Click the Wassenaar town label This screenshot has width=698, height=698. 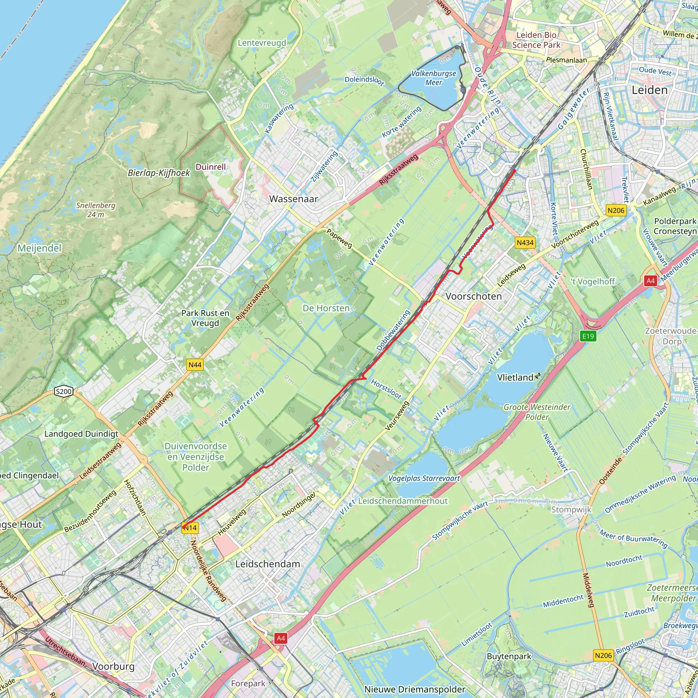pos(293,199)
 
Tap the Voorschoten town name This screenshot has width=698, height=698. pos(473,296)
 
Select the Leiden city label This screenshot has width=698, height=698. pos(649,90)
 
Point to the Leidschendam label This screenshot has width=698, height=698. pos(267,564)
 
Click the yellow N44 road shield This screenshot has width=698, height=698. pos(195,365)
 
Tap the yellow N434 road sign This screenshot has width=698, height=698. pos(525,242)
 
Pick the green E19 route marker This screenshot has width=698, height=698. pos(588,336)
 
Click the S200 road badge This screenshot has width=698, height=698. pos(64,391)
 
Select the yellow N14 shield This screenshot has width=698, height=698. pos(190,528)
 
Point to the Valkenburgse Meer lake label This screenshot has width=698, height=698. pos(434,78)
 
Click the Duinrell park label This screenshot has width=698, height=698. pos(211,167)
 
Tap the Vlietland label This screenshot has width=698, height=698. pos(515,378)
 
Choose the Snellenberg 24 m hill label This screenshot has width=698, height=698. pos(96,210)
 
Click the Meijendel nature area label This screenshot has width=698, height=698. pos(40,248)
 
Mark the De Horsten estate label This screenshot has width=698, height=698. pos(326,308)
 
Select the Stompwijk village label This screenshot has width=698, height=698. pos(571,510)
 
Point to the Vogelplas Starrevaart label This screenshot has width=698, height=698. pos(424,478)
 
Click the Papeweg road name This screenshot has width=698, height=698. pos(339,239)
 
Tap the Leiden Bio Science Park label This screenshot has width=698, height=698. pos(536,40)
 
